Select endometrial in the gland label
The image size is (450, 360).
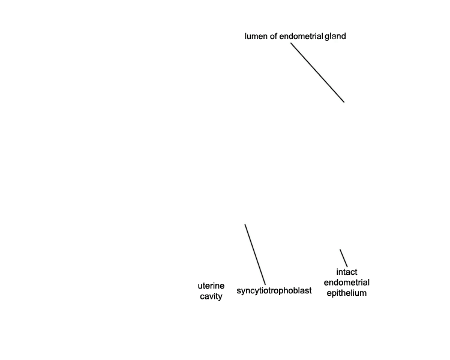pyautogui.click(x=301, y=36)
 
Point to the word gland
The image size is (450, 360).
pyautogui.click(x=335, y=37)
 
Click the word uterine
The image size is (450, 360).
pyautogui.click(x=211, y=286)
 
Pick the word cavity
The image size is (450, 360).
pyautogui.click(x=211, y=296)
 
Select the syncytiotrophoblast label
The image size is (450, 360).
pyautogui.click(x=274, y=291)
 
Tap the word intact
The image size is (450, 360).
pyautogui.click(x=347, y=272)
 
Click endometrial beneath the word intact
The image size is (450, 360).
pyautogui.click(x=347, y=283)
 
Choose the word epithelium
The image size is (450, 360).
pyautogui.click(x=347, y=293)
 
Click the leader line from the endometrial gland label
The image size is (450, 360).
pyautogui.click(x=317, y=73)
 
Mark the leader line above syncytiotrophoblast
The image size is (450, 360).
pyautogui.click(x=255, y=254)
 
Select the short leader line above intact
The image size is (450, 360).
pyautogui.click(x=344, y=258)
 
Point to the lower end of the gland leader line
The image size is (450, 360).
pyautogui.click(x=344, y=102)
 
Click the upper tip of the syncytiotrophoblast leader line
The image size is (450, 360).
pyautogui.click(x=245, y=224)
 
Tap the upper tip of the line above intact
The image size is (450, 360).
pyautogui.click(x=340, y=250)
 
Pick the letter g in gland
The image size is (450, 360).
pyautogui.click(x=327, y=37)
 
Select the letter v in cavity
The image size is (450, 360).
pyautogui.click(x=211, y=297)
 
